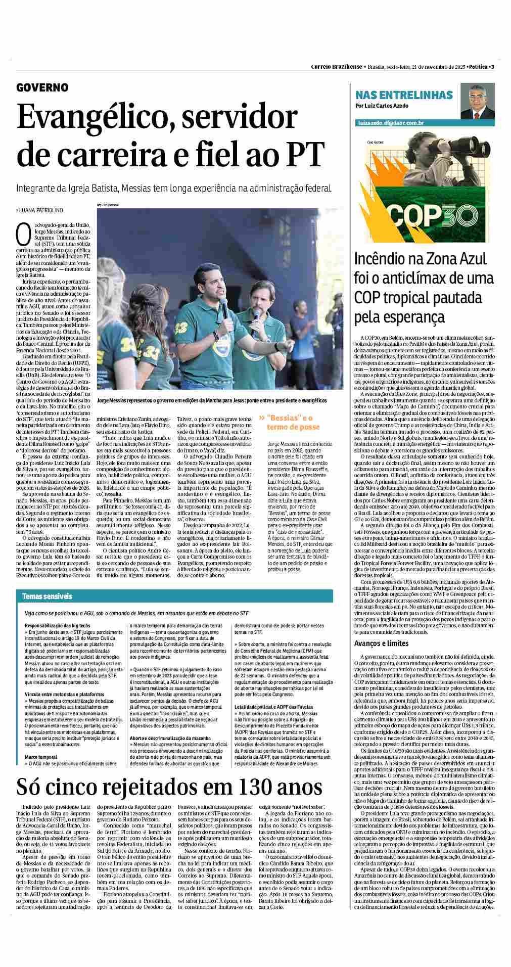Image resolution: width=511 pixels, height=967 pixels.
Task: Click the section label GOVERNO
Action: coord(42,87)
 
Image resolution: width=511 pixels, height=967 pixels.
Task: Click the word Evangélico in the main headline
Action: coord(85,117)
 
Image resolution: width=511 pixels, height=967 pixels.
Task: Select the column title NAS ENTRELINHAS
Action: coord(404,95)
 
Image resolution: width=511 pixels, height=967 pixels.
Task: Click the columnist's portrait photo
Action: coord(478,102)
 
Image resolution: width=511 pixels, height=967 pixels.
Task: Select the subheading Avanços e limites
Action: coord(381,643)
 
